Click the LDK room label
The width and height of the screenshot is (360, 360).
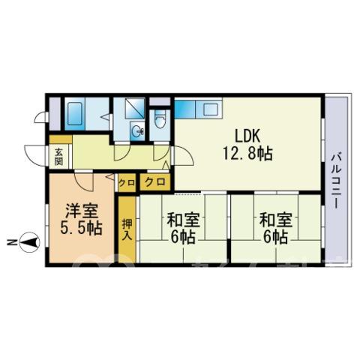pyautogui.click(x=247, y=136)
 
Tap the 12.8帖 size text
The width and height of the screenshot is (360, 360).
pyautogui.click(x=247, y=154)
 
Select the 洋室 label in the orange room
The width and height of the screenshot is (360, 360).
pyautogui.click(x=82, y=211)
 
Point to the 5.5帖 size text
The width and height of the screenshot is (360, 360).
pyautogui.click(x=82, y=228)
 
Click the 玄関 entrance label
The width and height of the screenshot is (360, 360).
pyautogui.click(x=58, y=157)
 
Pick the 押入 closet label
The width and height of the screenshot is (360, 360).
pyautogui.click(x=127, y=229)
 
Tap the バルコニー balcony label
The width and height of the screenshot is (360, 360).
pyautogui.click(x=336, y=181)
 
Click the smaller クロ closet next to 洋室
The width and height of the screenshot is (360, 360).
pyautogui.click(x=127, y=183)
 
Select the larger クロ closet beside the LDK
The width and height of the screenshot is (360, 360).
pyautogui.click(x=155, y=182)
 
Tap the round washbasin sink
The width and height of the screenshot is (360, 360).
pyautogui.click(x=137, y=130)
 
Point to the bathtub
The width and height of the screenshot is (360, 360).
pyautogui.click(x=75, y=114)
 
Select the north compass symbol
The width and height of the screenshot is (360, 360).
pyautogui.click(x=29, y=242)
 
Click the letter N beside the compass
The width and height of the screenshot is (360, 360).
pyautogui.click(x=10, y=242)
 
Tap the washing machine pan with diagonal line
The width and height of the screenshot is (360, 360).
pyautogui.click(x=134, y=108)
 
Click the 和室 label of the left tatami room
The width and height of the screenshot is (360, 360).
pyautogui.click(x=183, y=220)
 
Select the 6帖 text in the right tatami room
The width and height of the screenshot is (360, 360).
pyautogui.click(x=275, y=237)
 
